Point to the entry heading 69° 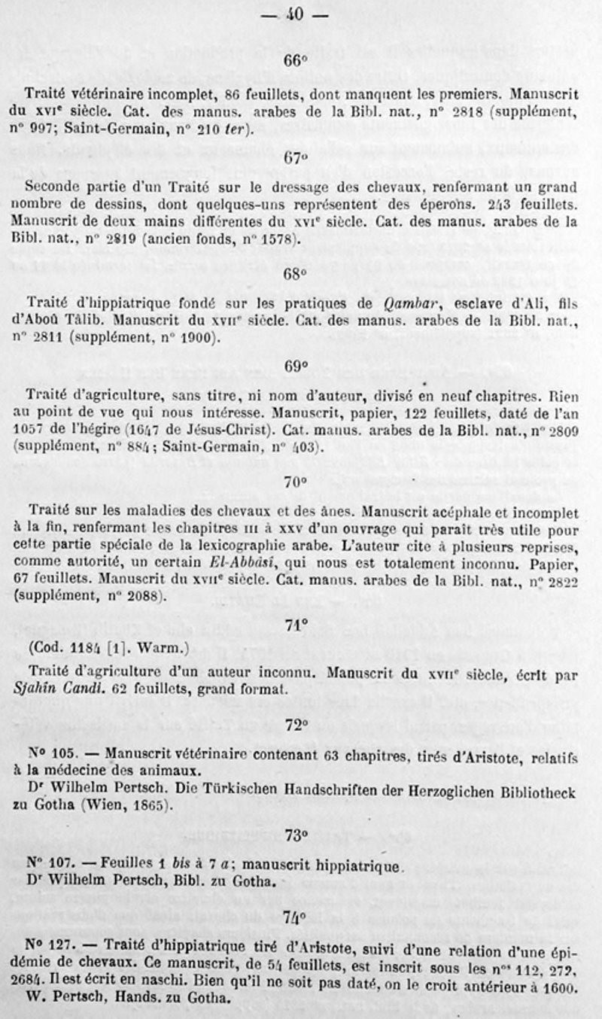pyautogui.click(x=296, y=367)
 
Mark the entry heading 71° pyautogui.click(x=296, y=625)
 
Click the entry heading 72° pyautogui.click(x=296, y=725)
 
